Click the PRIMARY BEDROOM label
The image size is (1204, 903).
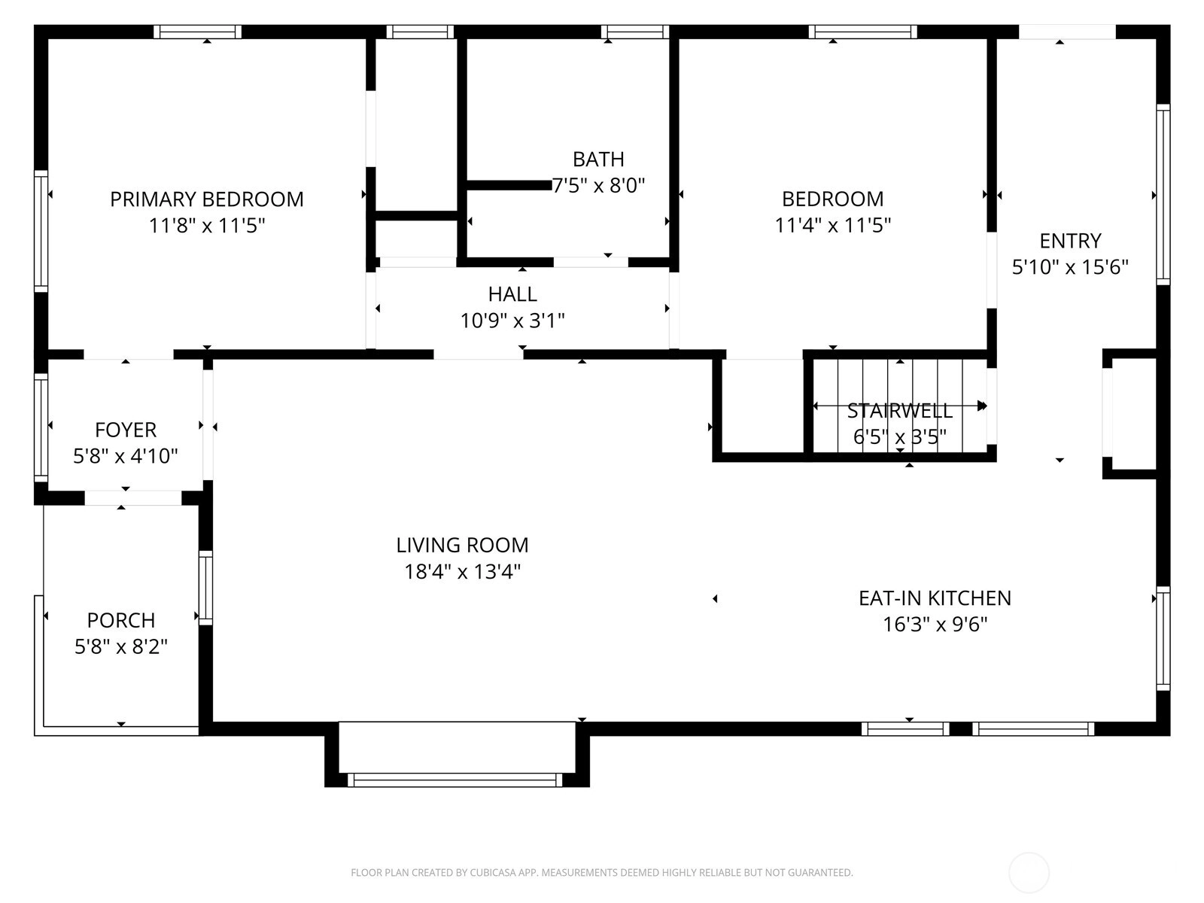coord(207,199)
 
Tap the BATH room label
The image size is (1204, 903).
coord(598,160)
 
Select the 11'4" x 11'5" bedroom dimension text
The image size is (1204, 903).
coord(833,225)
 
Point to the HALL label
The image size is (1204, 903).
coord(512,294)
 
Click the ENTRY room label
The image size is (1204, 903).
coord(1070,241)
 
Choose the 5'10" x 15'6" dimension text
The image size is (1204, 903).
coord(1070,267)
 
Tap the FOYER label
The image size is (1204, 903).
coord(126,430)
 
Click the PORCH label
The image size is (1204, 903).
coord(121,620)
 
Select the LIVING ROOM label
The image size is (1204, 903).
coord(462,545)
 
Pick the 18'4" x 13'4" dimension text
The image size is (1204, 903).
coord(462,572)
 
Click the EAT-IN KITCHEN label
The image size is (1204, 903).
coord(935,598)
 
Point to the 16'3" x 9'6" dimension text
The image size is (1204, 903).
coord(935,625)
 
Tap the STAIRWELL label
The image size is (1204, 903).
coord(899,411)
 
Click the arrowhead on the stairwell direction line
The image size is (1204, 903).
coord(983,406)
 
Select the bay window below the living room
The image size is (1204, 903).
coord(455,779)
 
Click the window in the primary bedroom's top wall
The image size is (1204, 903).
coord(197,32)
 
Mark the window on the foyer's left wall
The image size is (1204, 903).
coord(41,427)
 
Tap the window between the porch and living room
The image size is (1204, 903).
coord(205,588)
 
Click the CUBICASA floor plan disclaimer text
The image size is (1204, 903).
coord(602,872)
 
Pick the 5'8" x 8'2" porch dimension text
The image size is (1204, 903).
coord(121,647)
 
